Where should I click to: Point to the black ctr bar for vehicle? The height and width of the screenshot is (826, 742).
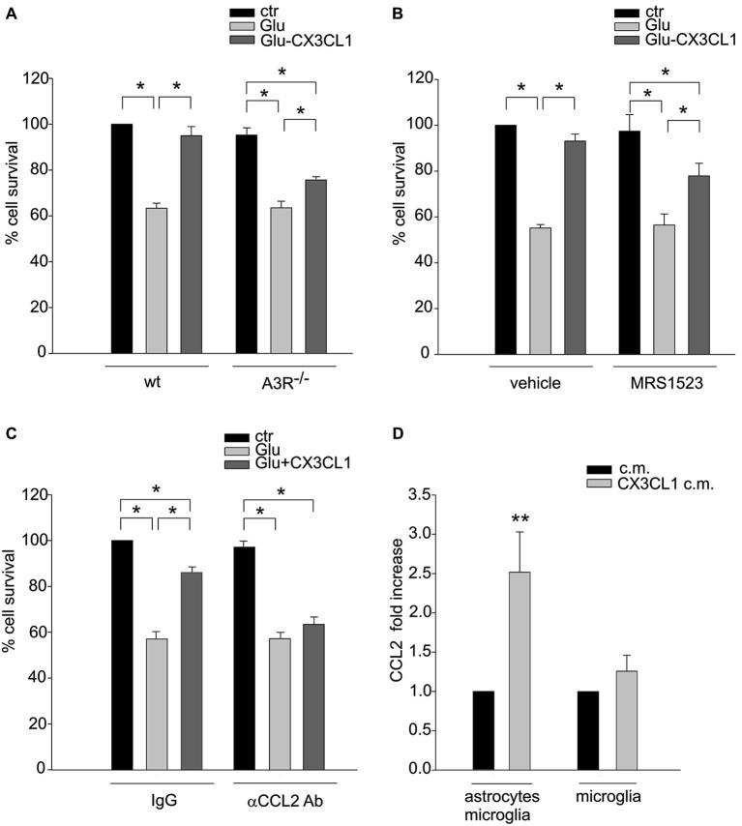[x=506, y=239]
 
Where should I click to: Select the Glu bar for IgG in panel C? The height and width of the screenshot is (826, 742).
[x=157, y=703]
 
